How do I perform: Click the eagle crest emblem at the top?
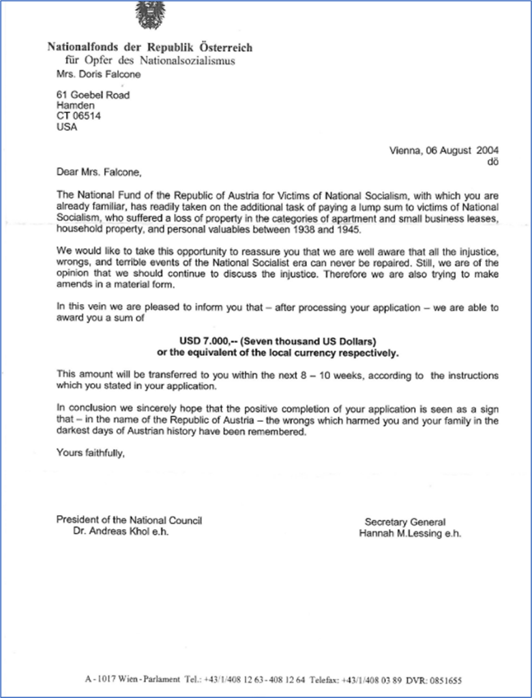(150, 14)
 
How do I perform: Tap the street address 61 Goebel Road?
(93, 95)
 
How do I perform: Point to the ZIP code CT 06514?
(78, 116)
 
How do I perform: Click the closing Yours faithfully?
(91, 451)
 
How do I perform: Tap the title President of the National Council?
(129, 520)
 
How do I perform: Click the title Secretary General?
(404, 522)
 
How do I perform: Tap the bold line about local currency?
(277, 353)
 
